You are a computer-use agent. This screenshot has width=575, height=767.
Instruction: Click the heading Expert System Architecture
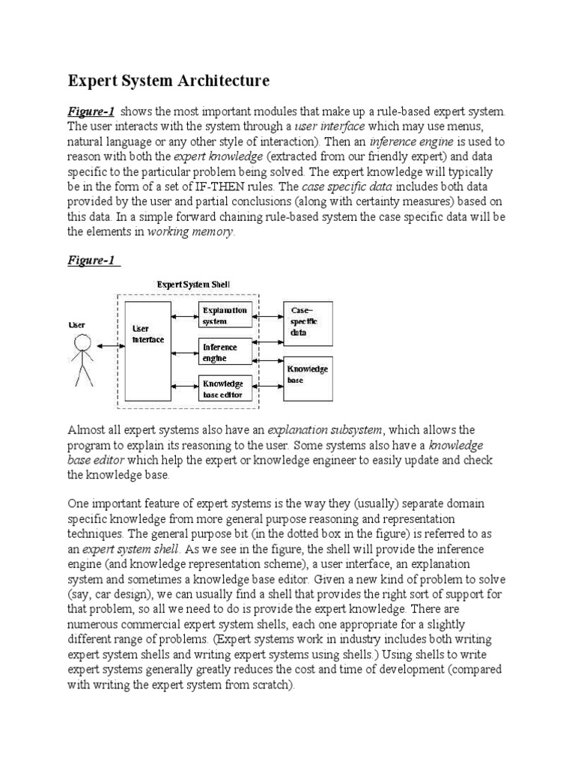point(168,80)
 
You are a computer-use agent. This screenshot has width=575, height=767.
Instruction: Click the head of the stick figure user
point(82,344)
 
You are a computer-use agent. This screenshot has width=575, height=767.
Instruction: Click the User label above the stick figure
point(77,325)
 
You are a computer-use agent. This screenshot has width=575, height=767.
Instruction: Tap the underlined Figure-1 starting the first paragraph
point(91,111)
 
